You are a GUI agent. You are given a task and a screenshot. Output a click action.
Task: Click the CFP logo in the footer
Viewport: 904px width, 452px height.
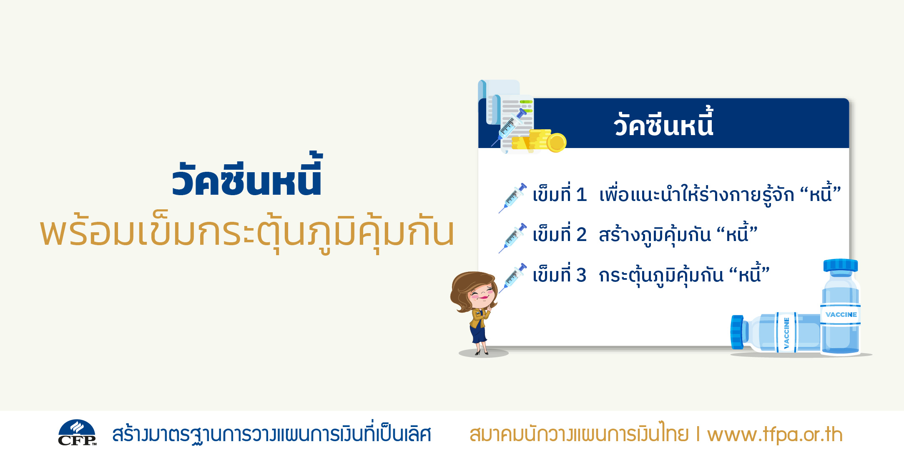point(77,433)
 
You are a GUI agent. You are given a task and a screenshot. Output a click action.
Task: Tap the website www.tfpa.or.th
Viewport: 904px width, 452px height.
point(775,434)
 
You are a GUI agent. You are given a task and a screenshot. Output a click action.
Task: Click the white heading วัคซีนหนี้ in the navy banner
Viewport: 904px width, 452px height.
point(663,123)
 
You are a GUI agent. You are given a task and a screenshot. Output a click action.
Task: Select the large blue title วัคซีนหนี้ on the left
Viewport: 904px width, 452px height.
point(247,175)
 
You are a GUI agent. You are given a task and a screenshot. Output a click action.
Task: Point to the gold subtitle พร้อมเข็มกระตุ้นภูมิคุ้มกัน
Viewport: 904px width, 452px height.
point(247,232)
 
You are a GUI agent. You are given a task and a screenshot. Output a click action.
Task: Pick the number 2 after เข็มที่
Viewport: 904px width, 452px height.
point(581,235)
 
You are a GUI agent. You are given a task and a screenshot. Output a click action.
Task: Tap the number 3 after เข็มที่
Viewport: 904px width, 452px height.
point(581,275)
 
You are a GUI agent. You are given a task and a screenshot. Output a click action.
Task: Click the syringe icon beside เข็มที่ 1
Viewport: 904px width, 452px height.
point(513,198)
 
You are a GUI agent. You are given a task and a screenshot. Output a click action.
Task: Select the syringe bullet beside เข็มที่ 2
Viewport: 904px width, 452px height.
point(513,238)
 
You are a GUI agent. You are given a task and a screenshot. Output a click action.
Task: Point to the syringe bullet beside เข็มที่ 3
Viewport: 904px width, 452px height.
point(513,278)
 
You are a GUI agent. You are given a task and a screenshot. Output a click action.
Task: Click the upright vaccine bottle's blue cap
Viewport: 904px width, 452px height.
point(841,265)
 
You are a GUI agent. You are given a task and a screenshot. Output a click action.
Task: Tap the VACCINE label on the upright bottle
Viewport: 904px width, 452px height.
point(841,314)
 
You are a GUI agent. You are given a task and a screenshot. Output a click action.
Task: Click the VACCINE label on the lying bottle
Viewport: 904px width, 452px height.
point(786,333)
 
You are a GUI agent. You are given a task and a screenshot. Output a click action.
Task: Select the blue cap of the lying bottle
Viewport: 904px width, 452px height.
point(737,332)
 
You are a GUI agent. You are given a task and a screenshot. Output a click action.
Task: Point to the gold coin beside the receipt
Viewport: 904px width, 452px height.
point(556,143)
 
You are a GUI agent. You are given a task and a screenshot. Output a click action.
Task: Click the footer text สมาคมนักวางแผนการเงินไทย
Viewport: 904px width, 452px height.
point(579,434)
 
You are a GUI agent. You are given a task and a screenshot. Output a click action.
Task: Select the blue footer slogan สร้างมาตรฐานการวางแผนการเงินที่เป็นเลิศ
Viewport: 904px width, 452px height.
point(271,434)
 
